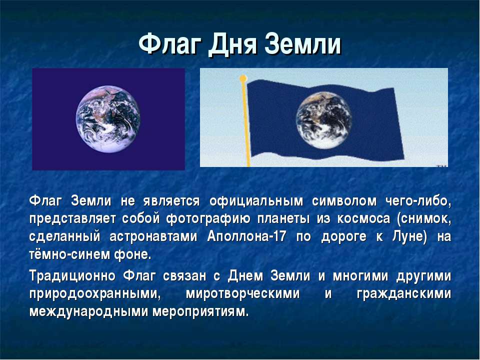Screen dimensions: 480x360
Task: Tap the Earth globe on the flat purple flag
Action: click(108, 119)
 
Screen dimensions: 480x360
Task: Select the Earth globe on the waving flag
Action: click(324, 120)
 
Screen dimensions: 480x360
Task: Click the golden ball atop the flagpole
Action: click(243, 78)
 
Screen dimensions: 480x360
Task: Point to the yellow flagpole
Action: click(246, 122)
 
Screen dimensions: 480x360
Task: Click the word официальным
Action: click(256, 201)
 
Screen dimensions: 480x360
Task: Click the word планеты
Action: click(283, 219)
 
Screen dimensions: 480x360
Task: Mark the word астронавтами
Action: click(153, 237)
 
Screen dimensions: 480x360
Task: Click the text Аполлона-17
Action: click(246, 236)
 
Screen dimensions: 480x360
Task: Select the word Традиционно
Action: click(72, 276)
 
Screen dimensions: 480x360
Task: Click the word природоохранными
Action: click(95, 294)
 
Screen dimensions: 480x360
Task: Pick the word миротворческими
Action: click(243, 294)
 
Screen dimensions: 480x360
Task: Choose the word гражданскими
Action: click(404, 294)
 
